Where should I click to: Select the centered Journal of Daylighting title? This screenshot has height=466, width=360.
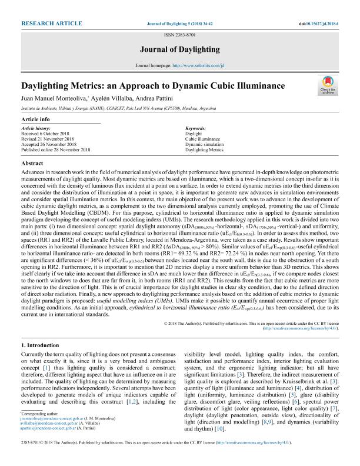point(180,49)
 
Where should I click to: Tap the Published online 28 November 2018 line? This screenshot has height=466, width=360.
point(55,149)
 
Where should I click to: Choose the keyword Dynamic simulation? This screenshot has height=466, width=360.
point(205,144)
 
